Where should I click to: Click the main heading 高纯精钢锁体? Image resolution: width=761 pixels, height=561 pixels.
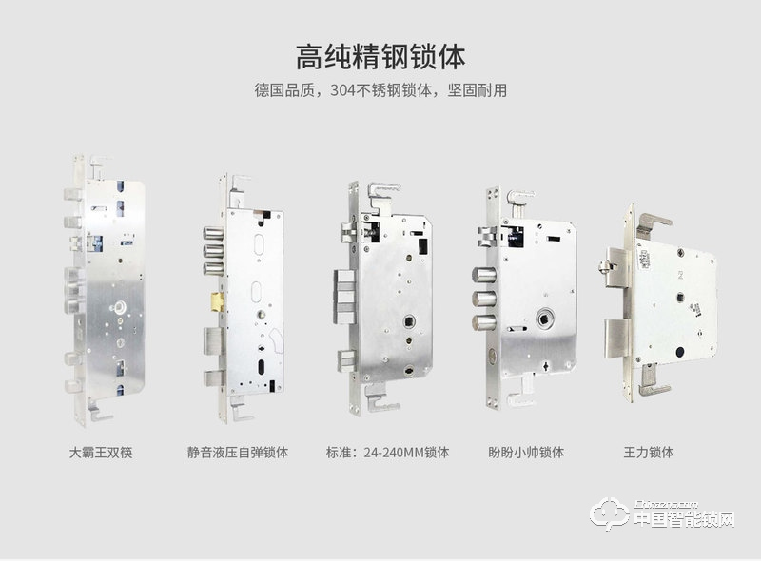[x=380, y=55]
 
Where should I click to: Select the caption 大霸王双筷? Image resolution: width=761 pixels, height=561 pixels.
[x=101, y=452]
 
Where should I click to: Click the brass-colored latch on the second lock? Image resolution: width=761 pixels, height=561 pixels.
[x=218, y=301]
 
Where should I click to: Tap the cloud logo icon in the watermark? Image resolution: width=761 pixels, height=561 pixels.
[x=610, y=514]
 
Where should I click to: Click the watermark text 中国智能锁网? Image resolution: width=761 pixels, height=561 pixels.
[x=685, y=520]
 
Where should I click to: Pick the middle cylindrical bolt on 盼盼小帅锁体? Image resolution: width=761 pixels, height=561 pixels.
[x=479, y=300]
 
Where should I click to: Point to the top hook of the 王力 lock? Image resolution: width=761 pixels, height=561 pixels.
[x=653, y=218]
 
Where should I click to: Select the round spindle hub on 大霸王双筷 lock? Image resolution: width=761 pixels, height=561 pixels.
[x=122, y=305]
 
